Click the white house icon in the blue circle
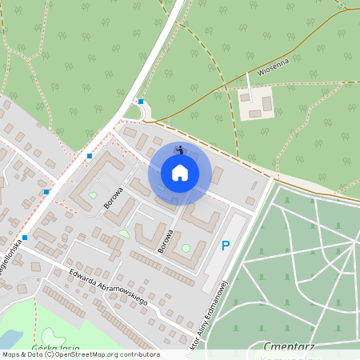point(180,173)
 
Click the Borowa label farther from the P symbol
point(113,198)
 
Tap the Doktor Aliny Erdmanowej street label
point(213,311)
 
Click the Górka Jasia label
point(54,347)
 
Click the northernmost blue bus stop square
point(141,102)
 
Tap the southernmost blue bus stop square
point(26,237)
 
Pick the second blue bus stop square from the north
point(90,155)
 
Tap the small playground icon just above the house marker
point(180,149)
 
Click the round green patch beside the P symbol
point(186,248)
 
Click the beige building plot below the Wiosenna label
point(257,104)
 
